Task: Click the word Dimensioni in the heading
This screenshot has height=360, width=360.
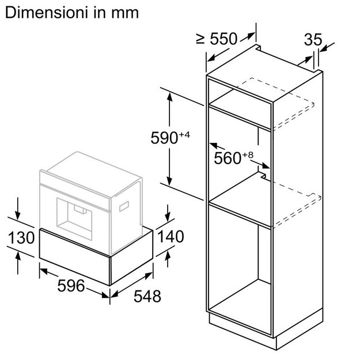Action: tap(47, 13)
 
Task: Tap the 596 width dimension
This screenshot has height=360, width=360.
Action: tap(71, 286)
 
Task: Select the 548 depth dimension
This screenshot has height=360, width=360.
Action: tap(147, 297)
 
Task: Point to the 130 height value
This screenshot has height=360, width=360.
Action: tap(21, 237)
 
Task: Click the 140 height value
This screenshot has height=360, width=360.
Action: tap(171, 237)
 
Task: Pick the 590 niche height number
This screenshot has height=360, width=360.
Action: tap(164, 138)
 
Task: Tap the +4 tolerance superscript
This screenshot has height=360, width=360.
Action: tap(184, 135)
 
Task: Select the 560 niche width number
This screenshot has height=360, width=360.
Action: tap(228, 158)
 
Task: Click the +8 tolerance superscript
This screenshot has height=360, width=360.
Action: tap(248, 155)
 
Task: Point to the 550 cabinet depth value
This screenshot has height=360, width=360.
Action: tap(223, 39)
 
